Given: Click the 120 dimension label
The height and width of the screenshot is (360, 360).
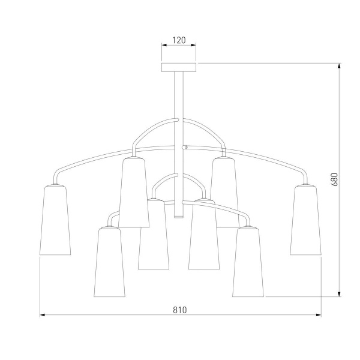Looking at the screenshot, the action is [179, 40].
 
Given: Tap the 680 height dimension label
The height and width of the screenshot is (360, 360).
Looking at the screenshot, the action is [335, 179].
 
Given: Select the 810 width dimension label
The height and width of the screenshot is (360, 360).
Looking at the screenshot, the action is [180, 310].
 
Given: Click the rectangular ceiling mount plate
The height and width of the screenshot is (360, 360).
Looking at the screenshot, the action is [179, 67].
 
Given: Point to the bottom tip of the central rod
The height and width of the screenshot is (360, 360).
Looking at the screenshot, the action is [179, 217].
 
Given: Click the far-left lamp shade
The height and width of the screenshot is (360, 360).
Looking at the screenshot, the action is [55, 220].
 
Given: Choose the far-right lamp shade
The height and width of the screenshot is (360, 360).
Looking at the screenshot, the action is [305, 220].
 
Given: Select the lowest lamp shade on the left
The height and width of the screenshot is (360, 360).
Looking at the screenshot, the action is [110, 262].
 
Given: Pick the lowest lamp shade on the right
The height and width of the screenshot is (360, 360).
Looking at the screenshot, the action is [248, 262].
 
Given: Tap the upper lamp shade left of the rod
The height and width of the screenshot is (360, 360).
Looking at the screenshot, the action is [134, 193].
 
